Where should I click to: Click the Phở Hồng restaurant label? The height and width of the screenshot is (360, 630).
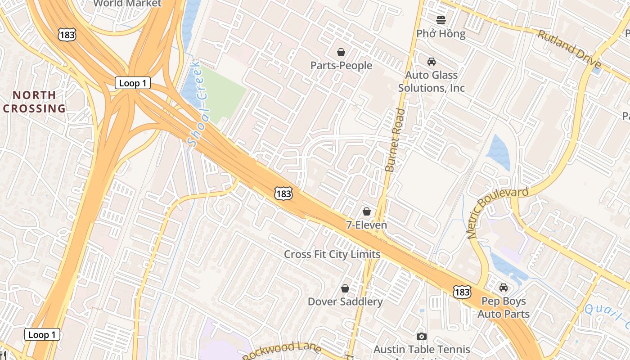pos(441,34)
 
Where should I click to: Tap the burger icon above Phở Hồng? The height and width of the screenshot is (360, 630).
pos(441,20)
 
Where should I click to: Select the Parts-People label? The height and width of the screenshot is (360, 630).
pos(341,66)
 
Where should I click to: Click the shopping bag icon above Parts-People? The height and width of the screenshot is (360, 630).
pos(341,52)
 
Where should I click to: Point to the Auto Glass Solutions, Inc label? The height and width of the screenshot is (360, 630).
pos(431,81)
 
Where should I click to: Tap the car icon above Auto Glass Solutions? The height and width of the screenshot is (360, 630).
pos(431,61)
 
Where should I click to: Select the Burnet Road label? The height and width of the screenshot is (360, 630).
pos(395,140)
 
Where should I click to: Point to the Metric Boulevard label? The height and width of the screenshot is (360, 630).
pos(497,212)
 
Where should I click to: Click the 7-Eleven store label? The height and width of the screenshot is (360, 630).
pos(366,225)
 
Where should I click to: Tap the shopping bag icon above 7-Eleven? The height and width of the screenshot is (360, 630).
pos(367,211)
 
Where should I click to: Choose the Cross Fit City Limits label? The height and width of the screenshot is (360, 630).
pos(332,254)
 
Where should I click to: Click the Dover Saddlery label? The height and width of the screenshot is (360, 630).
pos(345,301)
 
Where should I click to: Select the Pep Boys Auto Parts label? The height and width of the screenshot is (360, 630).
pos(503,307)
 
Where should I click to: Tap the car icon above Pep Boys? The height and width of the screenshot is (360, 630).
pos(503,287)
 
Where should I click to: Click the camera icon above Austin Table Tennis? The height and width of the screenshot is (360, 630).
pos(421,336)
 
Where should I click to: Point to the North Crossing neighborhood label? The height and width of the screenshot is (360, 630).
pos(34,102)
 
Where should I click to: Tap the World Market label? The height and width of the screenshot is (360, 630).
pos(127,4)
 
